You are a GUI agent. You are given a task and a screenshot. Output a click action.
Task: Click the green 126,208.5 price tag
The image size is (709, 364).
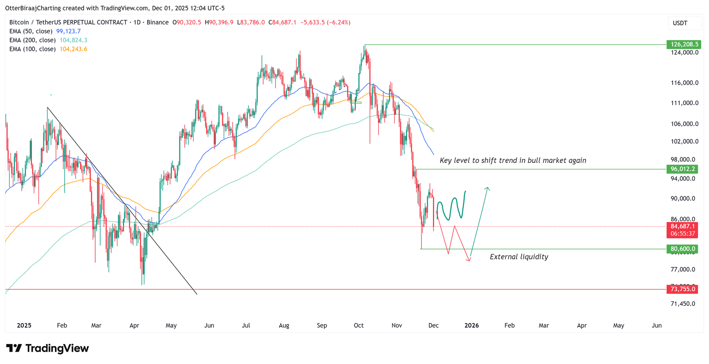(682, 44)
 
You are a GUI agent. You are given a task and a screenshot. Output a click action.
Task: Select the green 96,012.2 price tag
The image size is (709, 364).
(682, 169)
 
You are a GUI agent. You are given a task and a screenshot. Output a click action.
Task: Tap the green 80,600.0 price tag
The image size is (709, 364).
(682, 249)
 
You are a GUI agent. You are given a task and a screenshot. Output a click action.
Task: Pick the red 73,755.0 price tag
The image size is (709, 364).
(682, 289)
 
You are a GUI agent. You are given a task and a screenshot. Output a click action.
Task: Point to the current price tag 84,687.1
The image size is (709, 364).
(682, 227)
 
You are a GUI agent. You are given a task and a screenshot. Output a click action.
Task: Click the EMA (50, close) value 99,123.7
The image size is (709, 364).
(68, 31)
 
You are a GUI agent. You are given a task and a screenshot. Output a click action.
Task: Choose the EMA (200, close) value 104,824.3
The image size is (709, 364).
(73, 40)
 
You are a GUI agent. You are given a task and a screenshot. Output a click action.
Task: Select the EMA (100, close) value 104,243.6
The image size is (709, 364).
(73, 49)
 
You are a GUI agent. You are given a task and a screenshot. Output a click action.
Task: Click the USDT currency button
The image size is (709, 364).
(680, 23)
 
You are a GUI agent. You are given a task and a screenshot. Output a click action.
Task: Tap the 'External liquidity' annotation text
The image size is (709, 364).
(518, 257)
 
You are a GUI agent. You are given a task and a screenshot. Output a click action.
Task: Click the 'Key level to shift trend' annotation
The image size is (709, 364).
(513, 160)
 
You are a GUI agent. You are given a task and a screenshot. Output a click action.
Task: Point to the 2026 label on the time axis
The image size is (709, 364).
(471, 325)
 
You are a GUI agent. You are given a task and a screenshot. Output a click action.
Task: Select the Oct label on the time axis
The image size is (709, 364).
(358, 325)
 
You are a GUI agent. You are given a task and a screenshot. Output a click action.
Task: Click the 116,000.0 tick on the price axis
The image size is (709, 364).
(685, 83)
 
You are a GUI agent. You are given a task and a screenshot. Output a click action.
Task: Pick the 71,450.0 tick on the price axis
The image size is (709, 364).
(683, 304)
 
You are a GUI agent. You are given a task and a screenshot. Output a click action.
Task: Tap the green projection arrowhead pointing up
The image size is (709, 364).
(487, 189)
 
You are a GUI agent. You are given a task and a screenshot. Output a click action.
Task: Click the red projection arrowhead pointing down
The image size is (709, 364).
(469, 259)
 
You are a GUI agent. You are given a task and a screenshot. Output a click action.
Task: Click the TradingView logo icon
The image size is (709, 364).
(14, 348)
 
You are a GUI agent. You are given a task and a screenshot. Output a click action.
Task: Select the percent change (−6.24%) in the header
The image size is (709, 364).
(338, 22)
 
